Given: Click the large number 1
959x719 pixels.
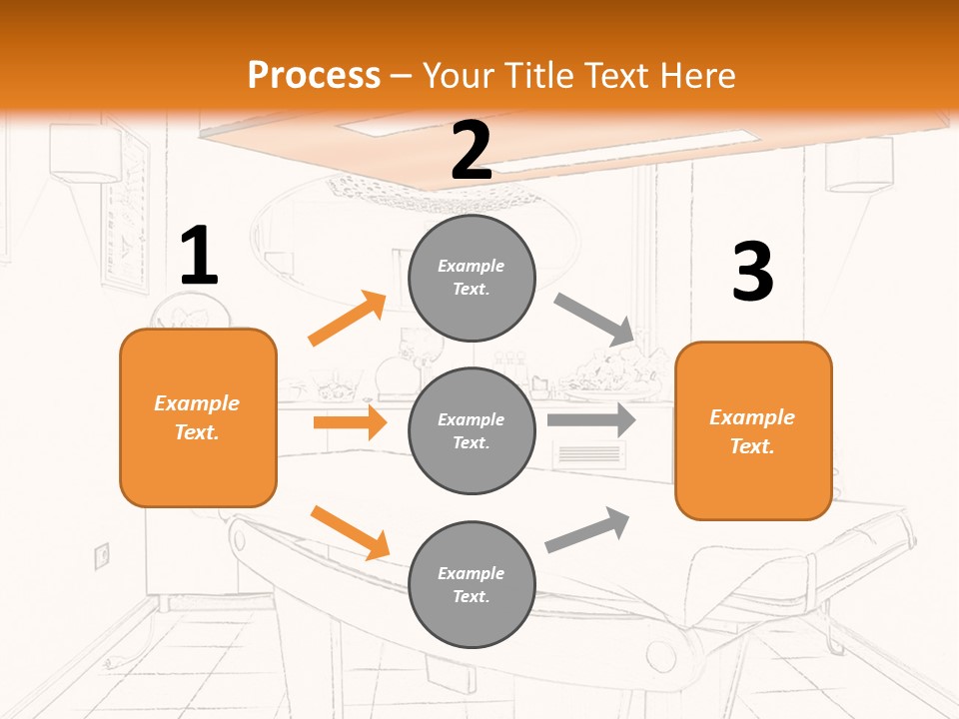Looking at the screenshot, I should (x=199, y=257).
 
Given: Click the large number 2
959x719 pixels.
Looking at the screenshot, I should (x=472, y=151).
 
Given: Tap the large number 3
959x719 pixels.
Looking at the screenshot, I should (x=752, y=273).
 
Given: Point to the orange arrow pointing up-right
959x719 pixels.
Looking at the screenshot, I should (x=347, y=319).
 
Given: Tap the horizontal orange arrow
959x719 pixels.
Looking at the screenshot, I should (x=350, y=422).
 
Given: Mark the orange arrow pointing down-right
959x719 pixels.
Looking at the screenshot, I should (x=350, y=531).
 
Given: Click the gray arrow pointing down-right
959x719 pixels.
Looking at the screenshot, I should (x=595, y=319).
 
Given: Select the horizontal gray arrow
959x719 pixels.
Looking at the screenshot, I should (x=591, y=420).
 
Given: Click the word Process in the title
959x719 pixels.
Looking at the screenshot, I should (x=314, y=75).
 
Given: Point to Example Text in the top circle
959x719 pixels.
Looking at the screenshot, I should (x=472, y=278).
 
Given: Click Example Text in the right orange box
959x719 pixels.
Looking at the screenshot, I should (x=752, y=431).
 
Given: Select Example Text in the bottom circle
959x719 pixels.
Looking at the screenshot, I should (x=472, y=585).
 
